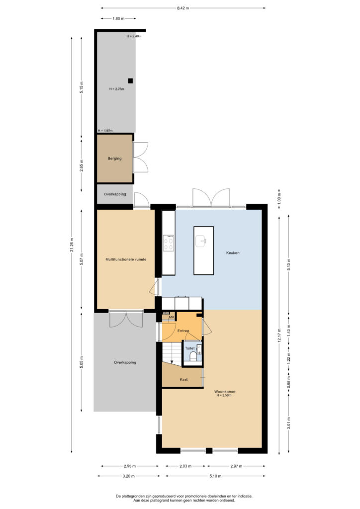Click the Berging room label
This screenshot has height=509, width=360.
[x=114, y=159]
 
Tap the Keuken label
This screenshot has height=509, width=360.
[x=233, y=253]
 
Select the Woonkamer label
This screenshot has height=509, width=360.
[x=225, y=392]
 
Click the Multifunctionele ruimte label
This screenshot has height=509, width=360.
[x=126, y=259]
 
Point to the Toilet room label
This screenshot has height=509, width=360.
[x=190, y=348]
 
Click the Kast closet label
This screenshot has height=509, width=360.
[x=184, y=379]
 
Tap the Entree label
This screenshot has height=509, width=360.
[x=183, y=331]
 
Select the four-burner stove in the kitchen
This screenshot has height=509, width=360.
[x=169, y=243]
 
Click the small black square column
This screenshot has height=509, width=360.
[x=130, y=81]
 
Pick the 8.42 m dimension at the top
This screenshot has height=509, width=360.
[x=183, y=8]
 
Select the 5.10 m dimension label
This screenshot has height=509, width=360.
[x=215, y=476]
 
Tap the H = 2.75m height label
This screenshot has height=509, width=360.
[x=116, y=89]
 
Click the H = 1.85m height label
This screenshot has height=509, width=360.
[x=105, y=131]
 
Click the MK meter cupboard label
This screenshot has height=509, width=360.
[x=172, y=317]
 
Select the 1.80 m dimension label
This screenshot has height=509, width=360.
[x=118, y=18]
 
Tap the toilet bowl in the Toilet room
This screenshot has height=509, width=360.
[x=193, y=356]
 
